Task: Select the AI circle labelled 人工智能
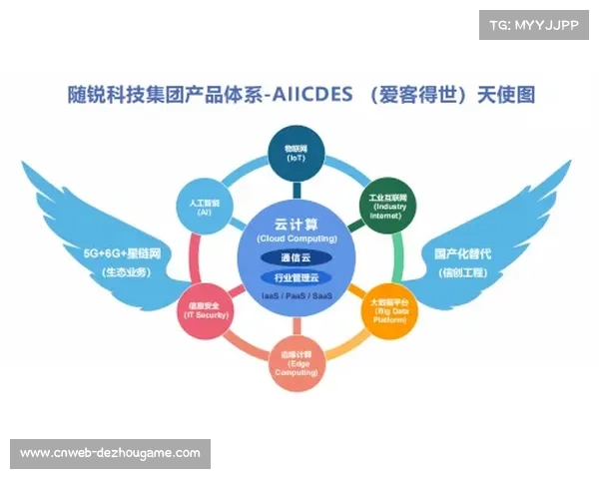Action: (x=204, y=206)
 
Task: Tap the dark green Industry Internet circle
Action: (x=387, y=207)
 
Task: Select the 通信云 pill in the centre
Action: (x=297, y=257)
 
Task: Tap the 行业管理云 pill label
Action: (x=297, y=277)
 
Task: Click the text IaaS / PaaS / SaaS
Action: (x=297, y=296)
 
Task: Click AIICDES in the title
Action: (x=306, y=96)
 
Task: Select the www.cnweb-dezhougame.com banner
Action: (x=111, y=453)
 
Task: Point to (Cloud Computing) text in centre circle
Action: (x=297, y=239)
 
